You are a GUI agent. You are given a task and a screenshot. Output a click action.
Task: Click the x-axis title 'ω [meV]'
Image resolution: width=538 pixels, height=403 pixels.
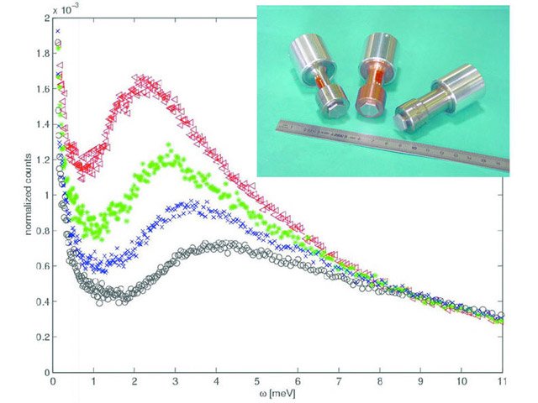[x=277, y=394]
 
